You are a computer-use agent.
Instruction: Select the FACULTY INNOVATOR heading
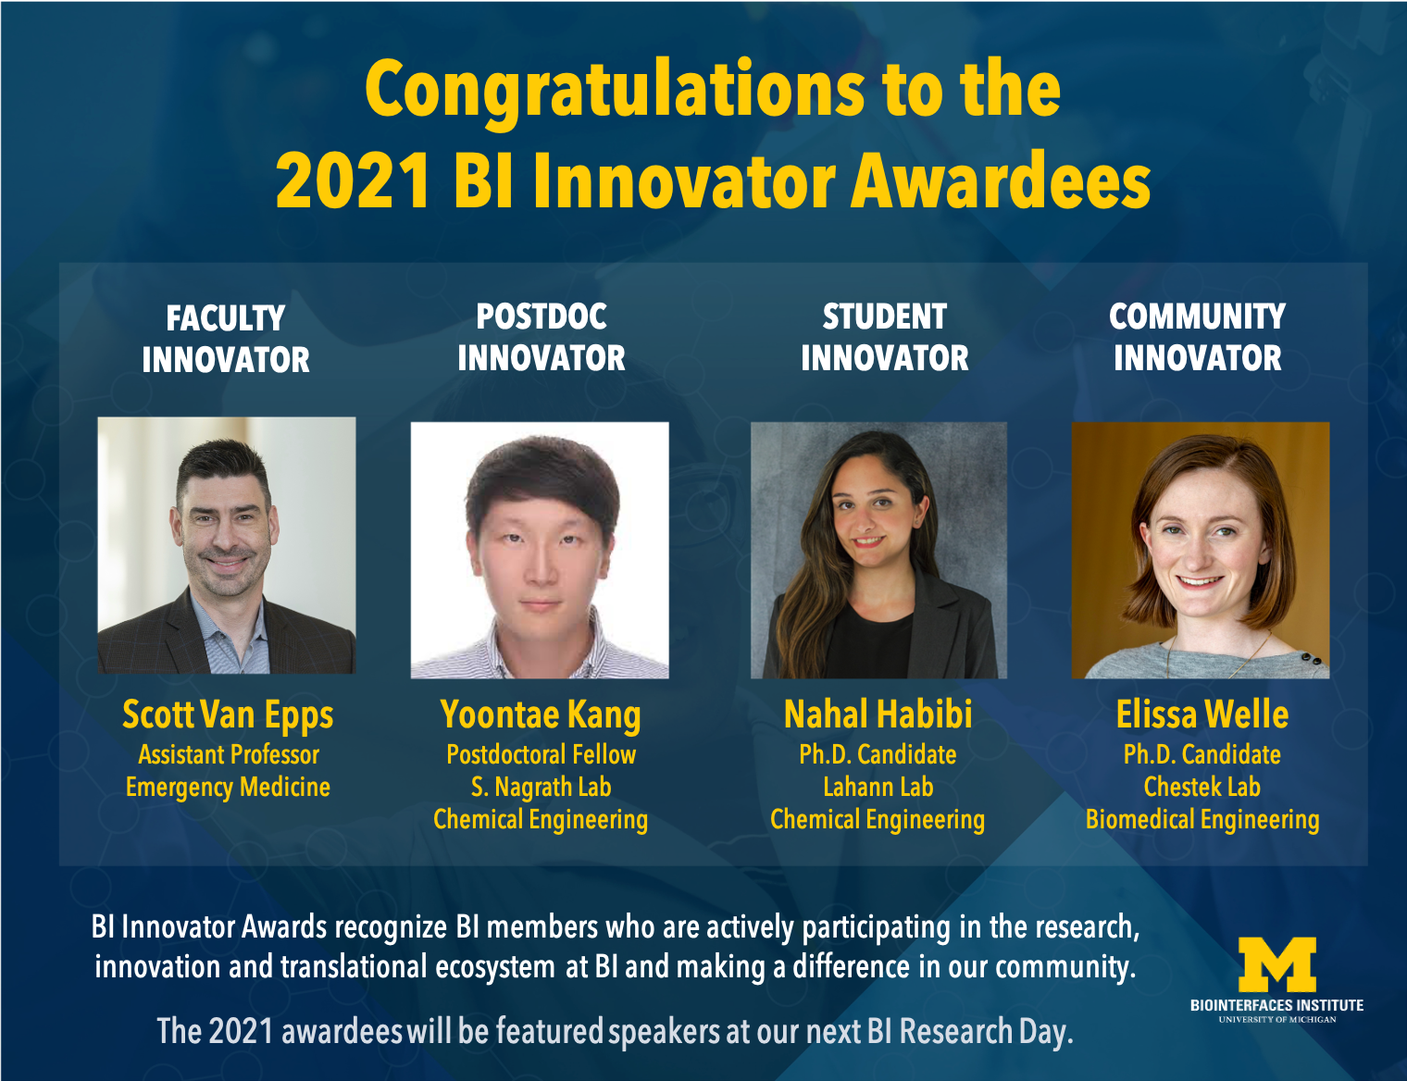coord(226,339)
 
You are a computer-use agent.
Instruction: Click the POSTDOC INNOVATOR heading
coord(542,337)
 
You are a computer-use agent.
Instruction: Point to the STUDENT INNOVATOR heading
coord(884,337)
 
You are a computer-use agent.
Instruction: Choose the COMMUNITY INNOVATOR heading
coord(1197,337)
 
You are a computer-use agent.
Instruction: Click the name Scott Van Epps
coord(228,715)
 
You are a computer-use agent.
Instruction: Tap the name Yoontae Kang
coord(541,715)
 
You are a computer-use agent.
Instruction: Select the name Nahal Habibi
coord(878,715)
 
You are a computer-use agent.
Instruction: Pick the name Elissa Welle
coord(1202,715)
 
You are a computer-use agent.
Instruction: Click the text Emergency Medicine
coord(228,788)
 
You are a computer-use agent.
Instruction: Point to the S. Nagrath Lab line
coord(541,788)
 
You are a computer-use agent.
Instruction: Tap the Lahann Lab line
coord(878,788)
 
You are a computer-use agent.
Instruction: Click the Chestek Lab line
coord(1202,788)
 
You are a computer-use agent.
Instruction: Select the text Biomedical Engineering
coord(1202,820)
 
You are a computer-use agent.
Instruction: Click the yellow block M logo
coord(1276,964)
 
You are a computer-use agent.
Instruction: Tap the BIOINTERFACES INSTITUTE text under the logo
coord(1276,1005)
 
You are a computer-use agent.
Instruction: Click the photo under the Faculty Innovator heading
coord(227,545)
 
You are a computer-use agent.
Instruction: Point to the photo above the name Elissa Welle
coord(1200,551)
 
